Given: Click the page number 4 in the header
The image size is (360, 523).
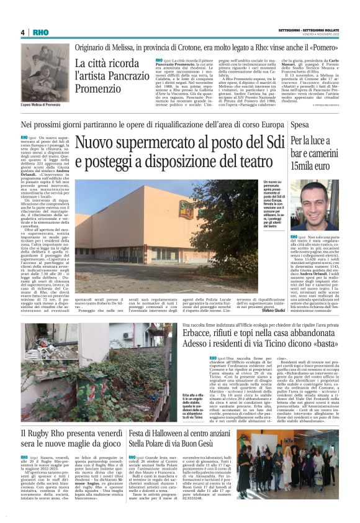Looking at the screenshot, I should coord(22,32).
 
